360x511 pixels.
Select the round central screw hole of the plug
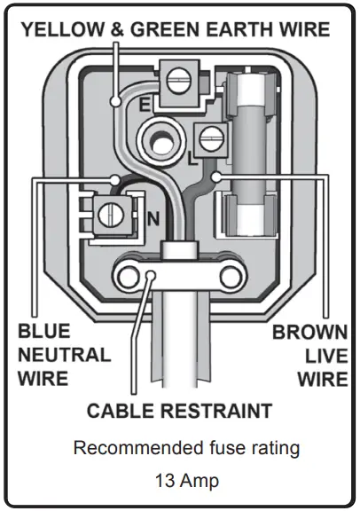(x=161, y=139)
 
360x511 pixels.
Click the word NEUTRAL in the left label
(x=64, y=356)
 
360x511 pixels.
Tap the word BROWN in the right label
(x=309, y=334)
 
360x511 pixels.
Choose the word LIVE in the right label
(x=325, y=356)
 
